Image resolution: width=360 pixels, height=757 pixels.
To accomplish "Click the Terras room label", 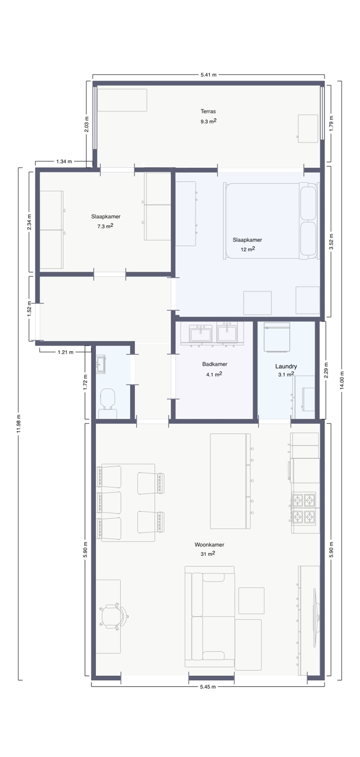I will (208, 111).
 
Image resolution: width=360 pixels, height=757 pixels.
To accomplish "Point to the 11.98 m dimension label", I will (19, 424).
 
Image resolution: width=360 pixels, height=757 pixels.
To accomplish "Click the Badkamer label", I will (214, 364).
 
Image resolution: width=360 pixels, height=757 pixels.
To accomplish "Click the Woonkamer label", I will (209, 545).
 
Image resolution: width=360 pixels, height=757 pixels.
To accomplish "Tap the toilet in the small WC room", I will (108, 400).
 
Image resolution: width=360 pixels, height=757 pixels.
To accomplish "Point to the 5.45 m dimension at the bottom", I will (208, 687).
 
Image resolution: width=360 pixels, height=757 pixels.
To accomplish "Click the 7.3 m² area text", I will (105, 226).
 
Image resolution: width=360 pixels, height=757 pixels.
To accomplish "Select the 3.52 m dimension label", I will (331, 242).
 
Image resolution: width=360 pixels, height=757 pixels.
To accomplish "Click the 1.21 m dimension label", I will (66, 352).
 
